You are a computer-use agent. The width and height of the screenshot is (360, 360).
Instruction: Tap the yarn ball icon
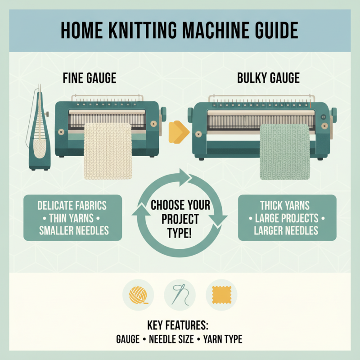click(138, 295)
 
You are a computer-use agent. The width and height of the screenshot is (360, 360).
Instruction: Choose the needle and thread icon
click(180, 295)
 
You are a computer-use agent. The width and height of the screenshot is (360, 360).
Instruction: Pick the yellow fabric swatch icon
click(221, 295)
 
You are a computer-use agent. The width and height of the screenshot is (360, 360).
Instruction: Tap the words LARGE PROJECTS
click(287, 218)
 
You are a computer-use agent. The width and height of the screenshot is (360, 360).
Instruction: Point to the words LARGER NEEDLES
click(287, 231)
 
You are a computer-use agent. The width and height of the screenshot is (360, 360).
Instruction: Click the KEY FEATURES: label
click(179, 325)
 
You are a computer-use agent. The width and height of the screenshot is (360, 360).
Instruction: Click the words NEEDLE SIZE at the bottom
click(172, 339)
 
